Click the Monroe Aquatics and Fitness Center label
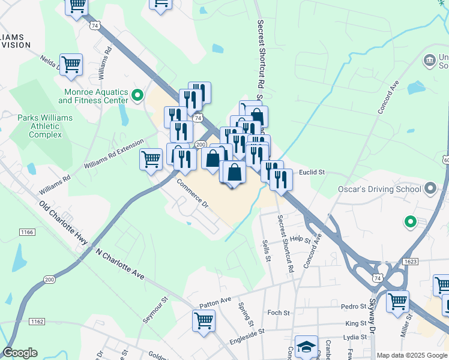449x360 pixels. tap(97, 96)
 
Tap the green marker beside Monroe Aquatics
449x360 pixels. tap(137, 95)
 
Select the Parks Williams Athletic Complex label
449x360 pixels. tap(45, 126)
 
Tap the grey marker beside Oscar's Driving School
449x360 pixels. tap(430, 190)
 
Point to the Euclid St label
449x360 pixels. tap(312, 172)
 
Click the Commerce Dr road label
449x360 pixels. tap(192, 195)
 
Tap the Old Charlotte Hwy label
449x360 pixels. tap(64, 224)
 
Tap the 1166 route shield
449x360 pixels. tap(27, 232)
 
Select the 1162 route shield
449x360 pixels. tap(20, 322)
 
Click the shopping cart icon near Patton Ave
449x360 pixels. tap(203, 320)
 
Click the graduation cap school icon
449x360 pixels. tap(306, 347)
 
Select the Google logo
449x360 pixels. tap(20, 353)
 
